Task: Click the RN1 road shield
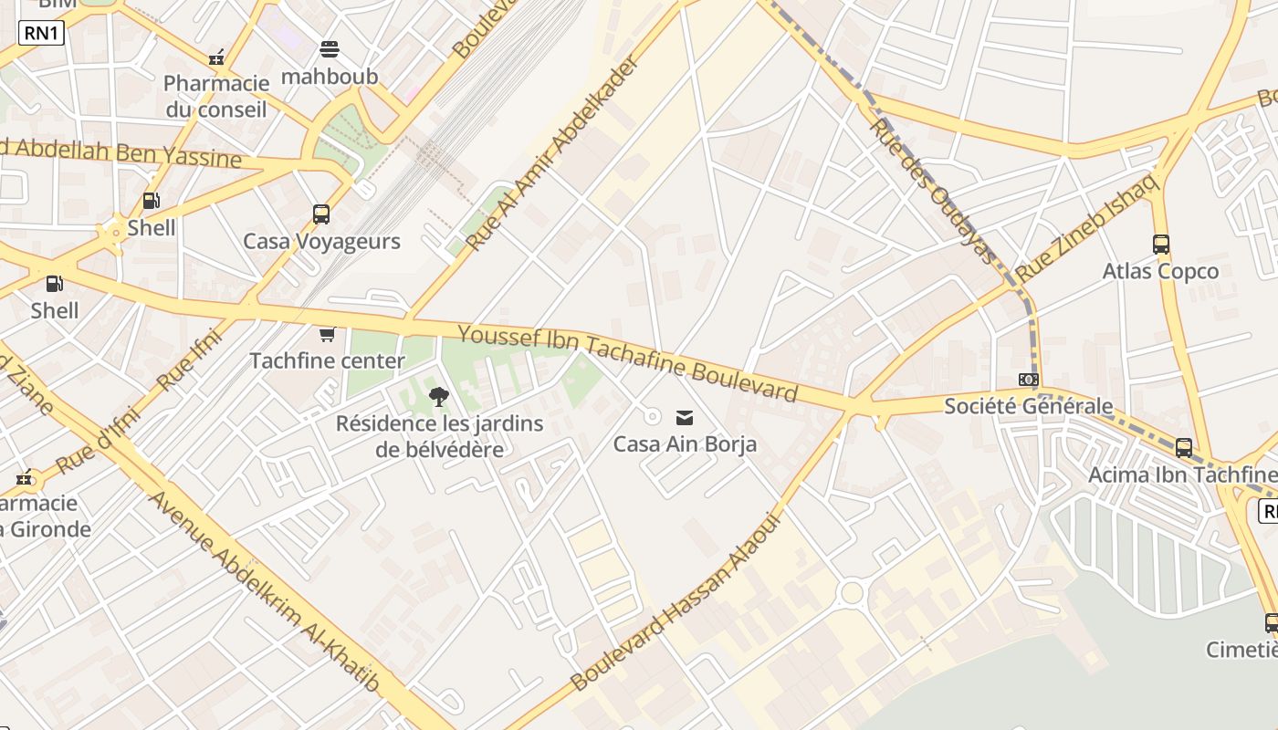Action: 41,34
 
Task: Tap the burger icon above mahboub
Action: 329,49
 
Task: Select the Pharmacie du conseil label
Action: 216,97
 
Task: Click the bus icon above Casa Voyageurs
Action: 321,214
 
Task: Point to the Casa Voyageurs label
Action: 321,242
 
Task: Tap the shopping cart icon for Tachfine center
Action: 328,335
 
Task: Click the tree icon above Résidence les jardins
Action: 439,397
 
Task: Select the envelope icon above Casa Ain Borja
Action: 684,418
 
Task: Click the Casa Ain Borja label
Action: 685,445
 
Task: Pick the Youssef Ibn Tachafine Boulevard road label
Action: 628,362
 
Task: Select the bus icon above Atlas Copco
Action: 1160,245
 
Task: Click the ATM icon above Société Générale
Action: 1029,380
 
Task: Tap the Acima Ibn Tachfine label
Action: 1182,475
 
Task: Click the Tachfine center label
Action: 327,361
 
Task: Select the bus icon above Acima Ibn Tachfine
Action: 1184,448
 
